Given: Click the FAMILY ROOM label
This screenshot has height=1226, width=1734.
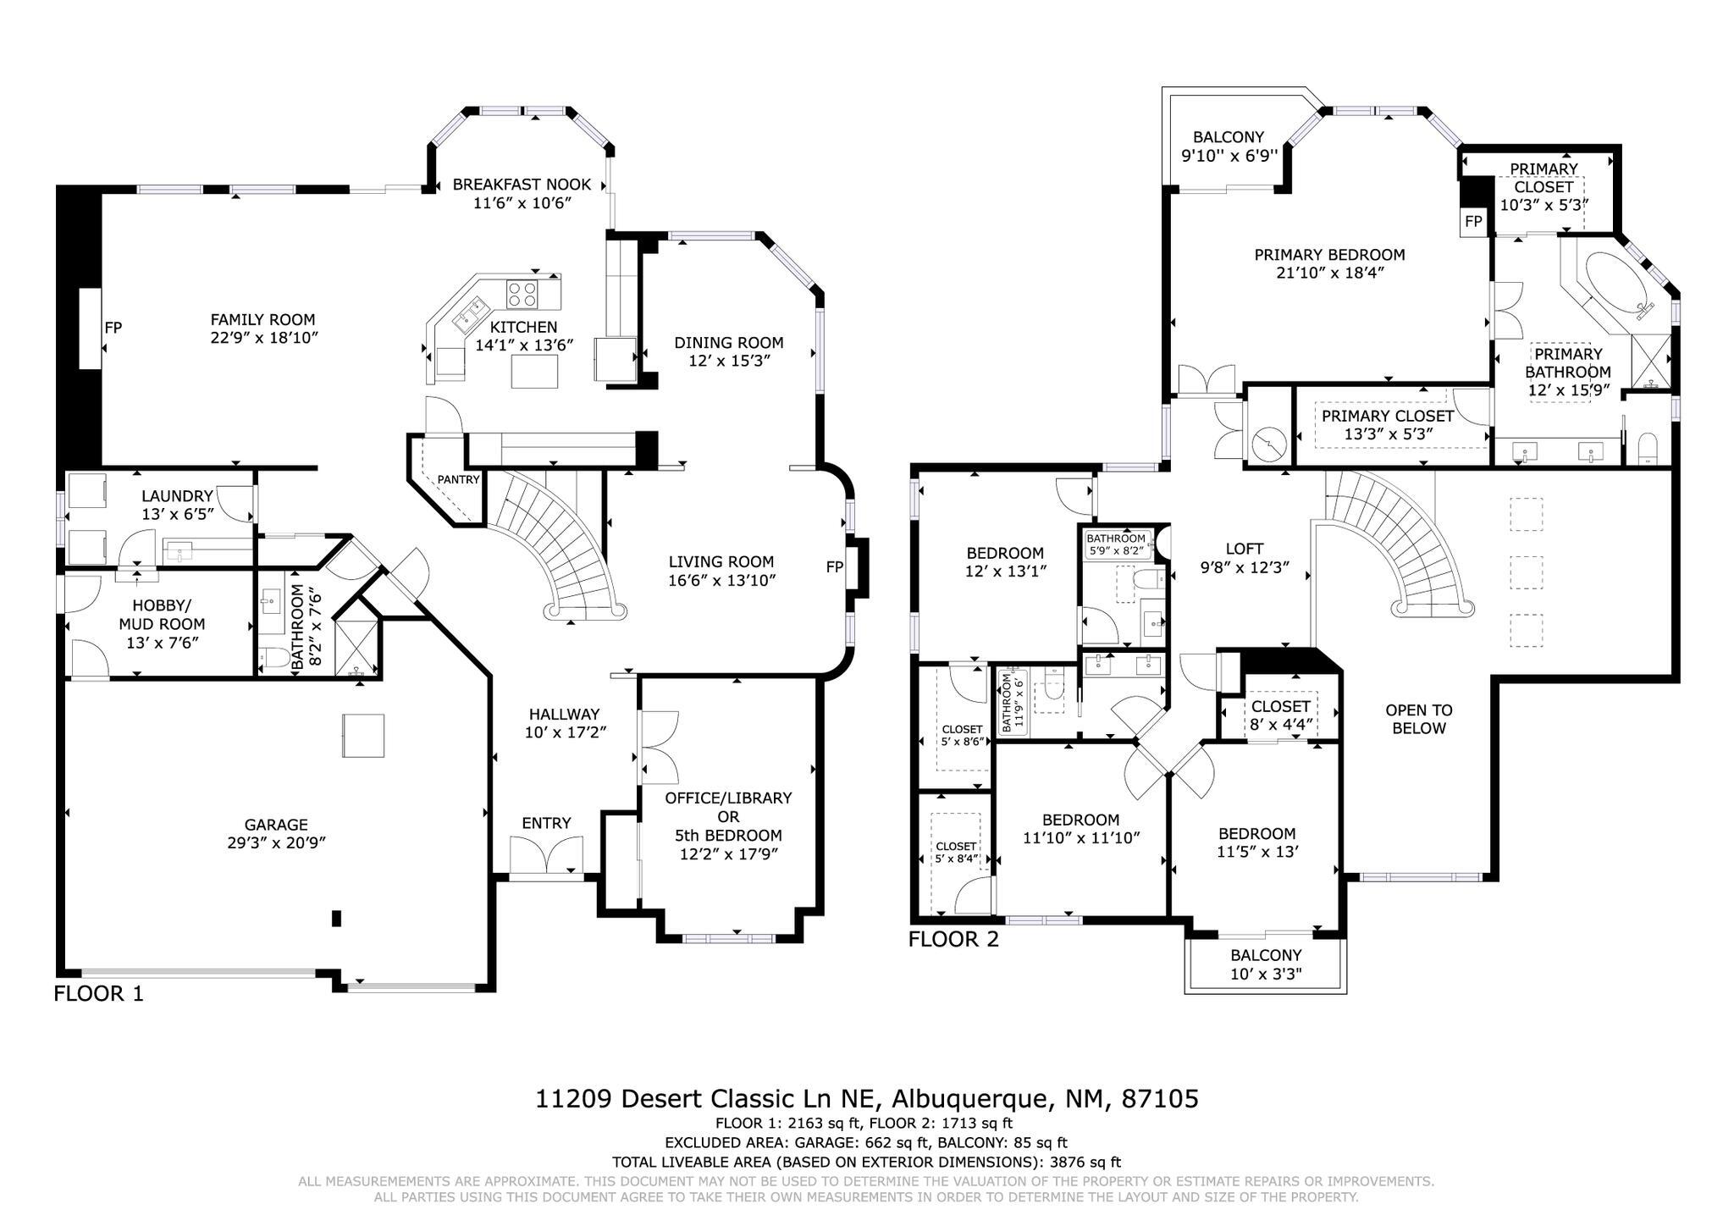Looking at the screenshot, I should tap(262, 320).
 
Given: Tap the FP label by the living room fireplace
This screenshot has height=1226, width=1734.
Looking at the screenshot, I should tap(834, 567).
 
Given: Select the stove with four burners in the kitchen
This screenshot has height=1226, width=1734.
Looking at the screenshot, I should tap(523, 294).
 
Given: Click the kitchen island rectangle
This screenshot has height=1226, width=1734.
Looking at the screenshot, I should tap(535, 371).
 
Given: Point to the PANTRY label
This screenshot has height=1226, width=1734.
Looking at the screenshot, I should tap(458, 480).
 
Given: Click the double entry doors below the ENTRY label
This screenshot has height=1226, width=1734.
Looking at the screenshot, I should tap(547, 854).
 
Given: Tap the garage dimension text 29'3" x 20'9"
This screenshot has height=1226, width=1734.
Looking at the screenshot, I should tap(276, 843).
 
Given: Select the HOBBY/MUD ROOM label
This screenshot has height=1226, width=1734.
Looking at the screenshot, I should tap(160, 615).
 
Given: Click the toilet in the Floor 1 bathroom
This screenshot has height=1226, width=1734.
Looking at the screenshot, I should tap(273, 659).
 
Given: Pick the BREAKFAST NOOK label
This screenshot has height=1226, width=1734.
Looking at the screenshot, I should tap(521, 185).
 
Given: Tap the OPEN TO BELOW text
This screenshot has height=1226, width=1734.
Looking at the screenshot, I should tap(1418, 719).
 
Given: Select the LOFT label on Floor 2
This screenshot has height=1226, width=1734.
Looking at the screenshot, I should tap(1244, 549).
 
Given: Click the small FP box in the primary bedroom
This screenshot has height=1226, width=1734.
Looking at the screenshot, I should tap(1473, 221).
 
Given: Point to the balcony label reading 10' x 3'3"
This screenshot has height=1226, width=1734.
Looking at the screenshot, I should tap(1265, 974).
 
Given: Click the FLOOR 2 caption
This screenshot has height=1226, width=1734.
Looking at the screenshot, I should tap(953, 939).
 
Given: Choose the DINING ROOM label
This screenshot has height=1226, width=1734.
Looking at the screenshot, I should tap(728, 343).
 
